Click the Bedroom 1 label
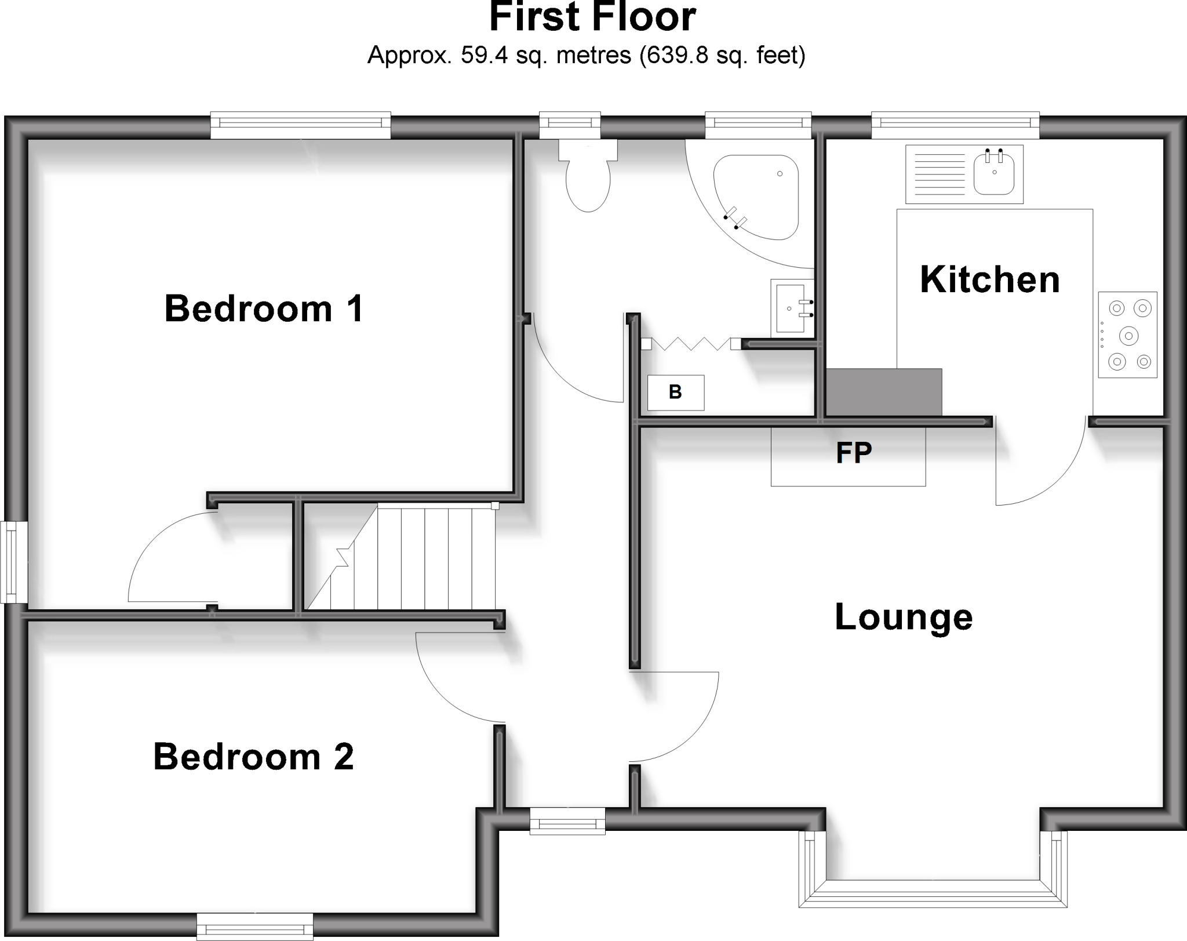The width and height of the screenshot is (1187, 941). [x=264, y=308]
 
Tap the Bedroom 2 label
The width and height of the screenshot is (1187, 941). [x=253, y=757]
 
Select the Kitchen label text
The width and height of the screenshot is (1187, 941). [x=990, y=279]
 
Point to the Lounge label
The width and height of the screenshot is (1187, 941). [x=904, y=617]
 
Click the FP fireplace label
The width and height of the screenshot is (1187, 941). [x=854, y=452]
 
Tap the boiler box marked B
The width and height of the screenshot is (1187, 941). [x=676, y=393]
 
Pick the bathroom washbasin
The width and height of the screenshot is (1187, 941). [x=791, y=308]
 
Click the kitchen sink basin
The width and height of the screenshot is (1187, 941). [x=994, y=172]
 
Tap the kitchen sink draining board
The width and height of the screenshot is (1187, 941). [x=939, y=174]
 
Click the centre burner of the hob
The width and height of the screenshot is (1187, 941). [x=1128, y=335]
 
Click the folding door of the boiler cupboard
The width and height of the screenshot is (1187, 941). [x=690, y=344]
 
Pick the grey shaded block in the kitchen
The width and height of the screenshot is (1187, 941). [x=883, y=392]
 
